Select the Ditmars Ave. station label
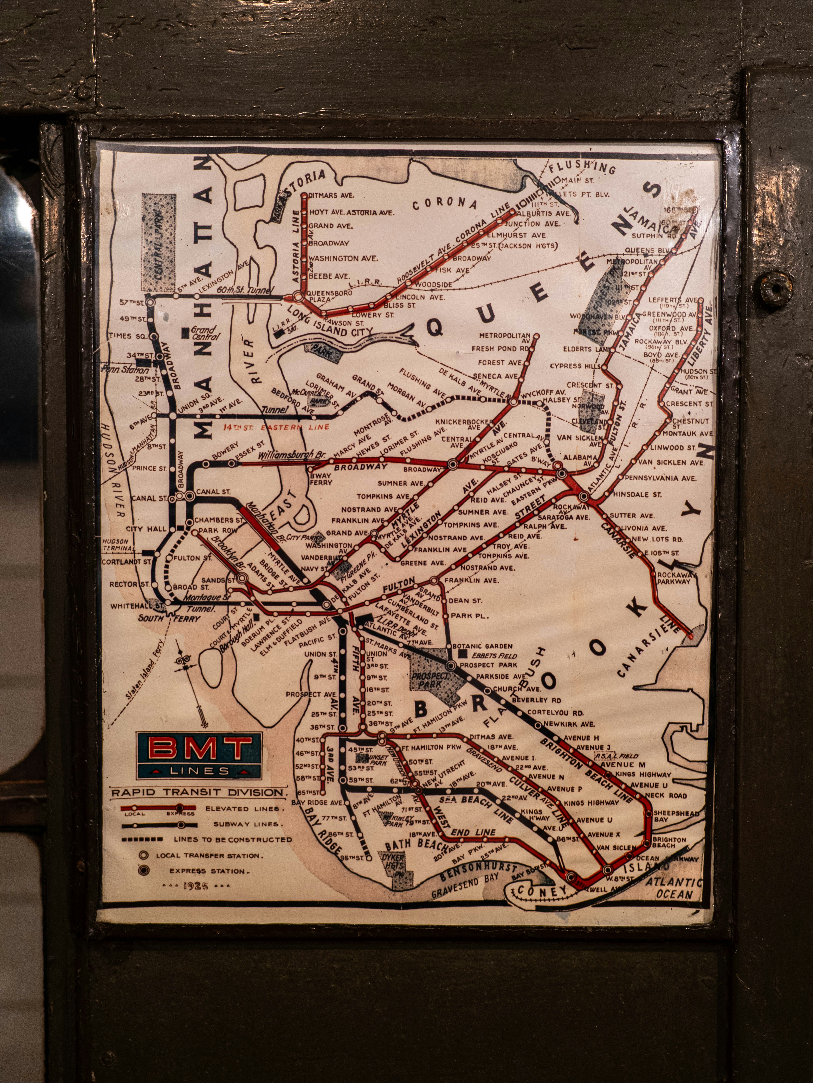pyautogui.click(x=331, y=195)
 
